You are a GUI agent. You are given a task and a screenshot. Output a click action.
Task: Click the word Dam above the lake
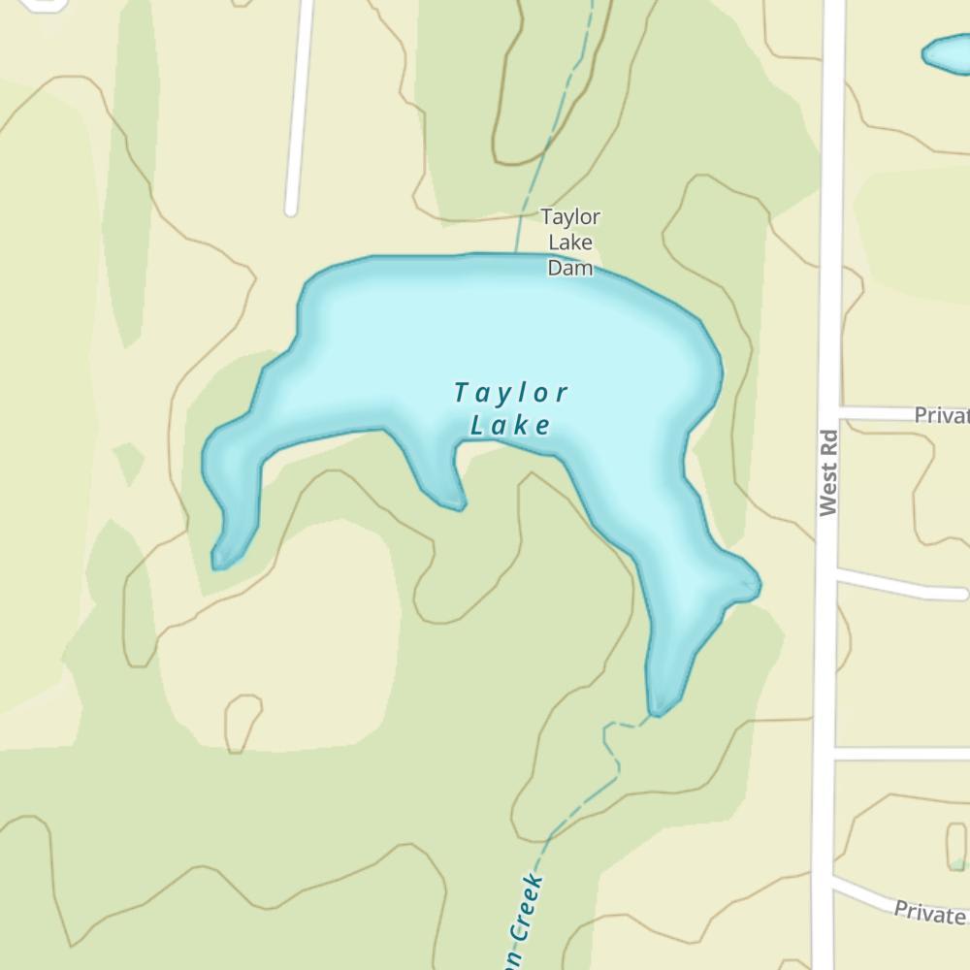[x=569, y=267]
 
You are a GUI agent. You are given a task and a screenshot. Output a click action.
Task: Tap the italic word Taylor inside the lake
[x=510, y=394]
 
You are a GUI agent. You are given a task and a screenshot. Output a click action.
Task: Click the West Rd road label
[x=827, y=472]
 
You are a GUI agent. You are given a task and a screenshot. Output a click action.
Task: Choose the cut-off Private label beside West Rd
[x=941, y=415]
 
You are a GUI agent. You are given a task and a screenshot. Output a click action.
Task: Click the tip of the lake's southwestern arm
[x=219, y=562]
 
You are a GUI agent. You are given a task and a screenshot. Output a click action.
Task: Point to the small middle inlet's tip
[x=459, y=504]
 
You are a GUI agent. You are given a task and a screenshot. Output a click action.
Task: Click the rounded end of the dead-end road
[x=290, y=209]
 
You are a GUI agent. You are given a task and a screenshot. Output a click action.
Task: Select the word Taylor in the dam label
[x=570, y=216]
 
